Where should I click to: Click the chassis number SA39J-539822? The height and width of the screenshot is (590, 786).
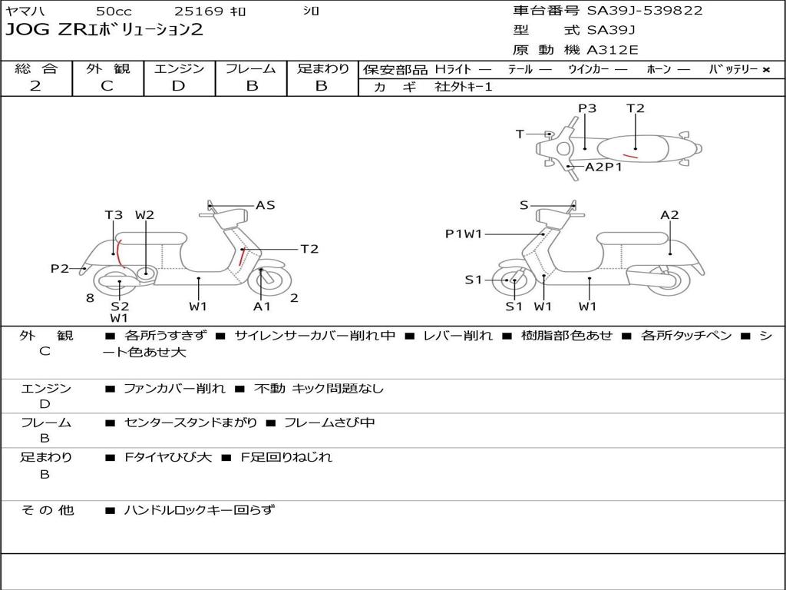pos(645,11)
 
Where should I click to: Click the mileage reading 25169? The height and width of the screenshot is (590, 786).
pos(199,12)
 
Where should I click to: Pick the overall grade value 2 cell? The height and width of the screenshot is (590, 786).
pos(35,86)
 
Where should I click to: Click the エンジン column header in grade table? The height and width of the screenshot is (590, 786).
pos(179,68)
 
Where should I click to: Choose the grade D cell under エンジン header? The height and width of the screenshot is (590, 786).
pos(179,86)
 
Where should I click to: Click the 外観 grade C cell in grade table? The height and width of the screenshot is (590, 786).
pos(107,86)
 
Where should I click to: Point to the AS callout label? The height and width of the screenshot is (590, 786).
pos(265,205)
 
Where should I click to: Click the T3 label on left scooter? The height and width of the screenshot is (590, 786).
pos(114,215)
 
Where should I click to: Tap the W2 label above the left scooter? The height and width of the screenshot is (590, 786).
pos(145,215)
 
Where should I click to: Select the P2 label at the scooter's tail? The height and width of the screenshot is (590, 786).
pos(60,268)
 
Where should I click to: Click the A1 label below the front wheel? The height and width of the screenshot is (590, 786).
pos(263,306)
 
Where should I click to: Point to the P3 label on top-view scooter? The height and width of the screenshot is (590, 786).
pos(587,108)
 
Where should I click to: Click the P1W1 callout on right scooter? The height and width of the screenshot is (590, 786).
pos(464,234)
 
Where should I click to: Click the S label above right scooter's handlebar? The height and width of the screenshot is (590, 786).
pos(523,205)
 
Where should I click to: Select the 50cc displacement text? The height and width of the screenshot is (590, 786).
pos(114,12)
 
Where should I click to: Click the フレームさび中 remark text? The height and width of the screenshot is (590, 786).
pos(329,423)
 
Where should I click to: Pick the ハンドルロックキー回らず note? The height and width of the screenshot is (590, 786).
pos(199,509)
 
